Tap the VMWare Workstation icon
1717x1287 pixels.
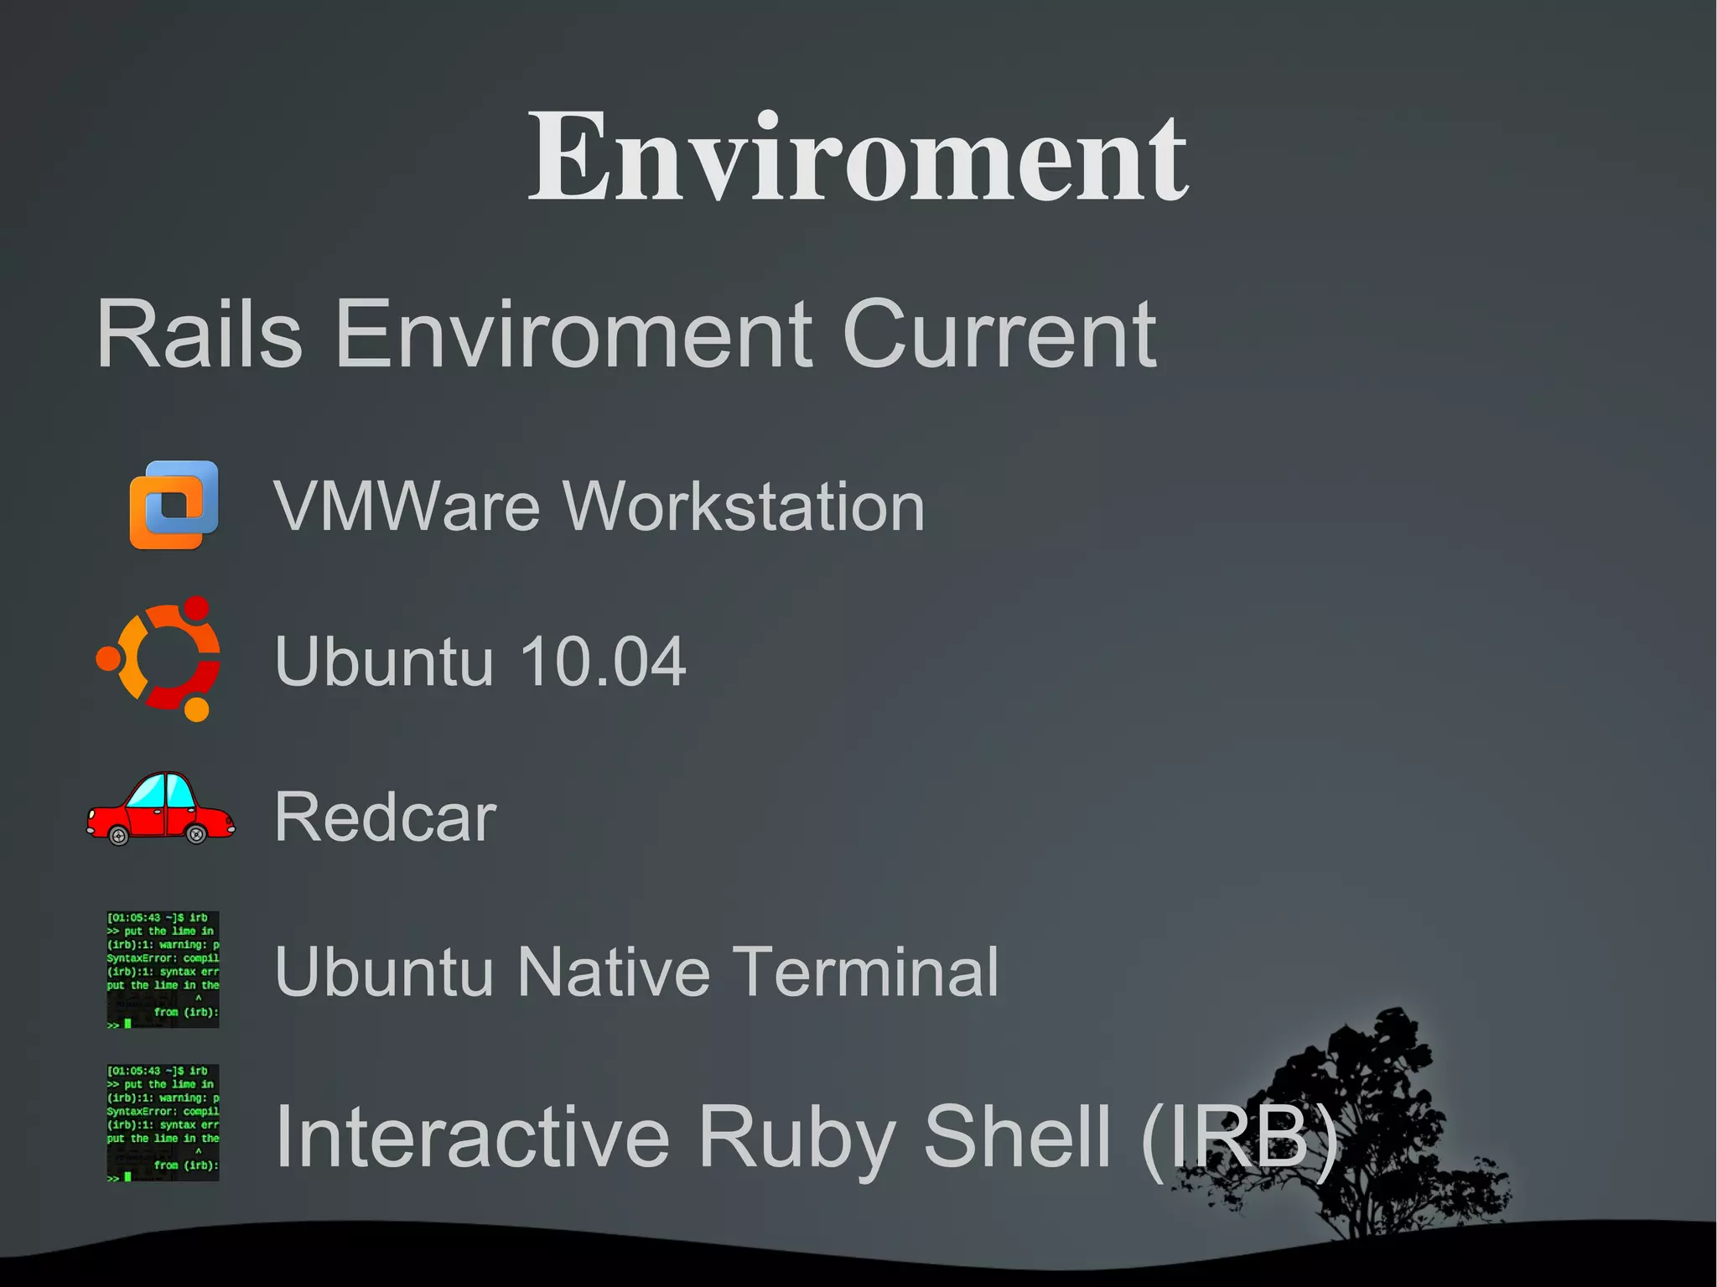tap(174, 505)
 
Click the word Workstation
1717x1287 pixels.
tap(744, 506)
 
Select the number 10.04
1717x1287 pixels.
tap(603, 662)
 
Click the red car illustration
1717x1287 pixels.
tap(160, 809)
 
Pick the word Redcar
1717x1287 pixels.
tap(386, 817)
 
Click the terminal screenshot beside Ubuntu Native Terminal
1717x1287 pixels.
tap(163, 969)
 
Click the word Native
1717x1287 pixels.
tap(613, 972)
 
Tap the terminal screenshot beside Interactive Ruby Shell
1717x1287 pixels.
tap(163, 1123)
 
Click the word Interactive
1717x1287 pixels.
tap(472, 1136)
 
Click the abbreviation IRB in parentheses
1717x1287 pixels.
tap(1239, 1136)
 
